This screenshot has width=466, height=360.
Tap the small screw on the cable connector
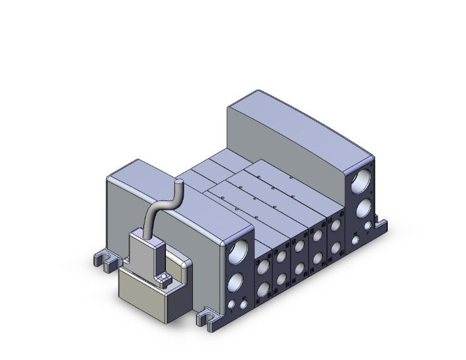tap(164, 277)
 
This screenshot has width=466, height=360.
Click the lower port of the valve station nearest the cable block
tap(264, 289)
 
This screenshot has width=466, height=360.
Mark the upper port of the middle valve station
tap(300, 249)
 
